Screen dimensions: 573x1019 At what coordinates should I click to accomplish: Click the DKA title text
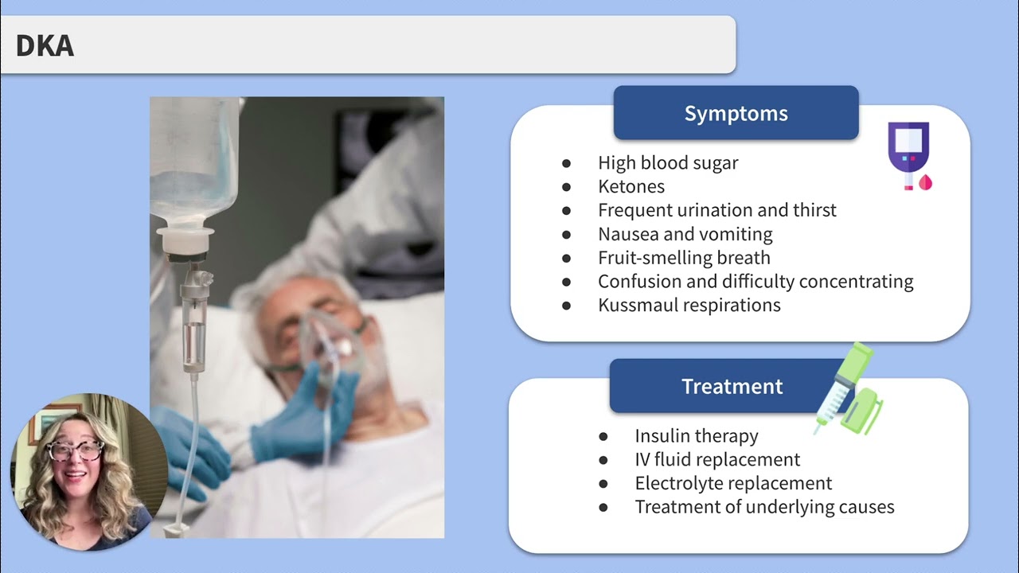pos(45,46)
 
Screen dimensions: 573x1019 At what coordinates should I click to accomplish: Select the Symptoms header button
pos(736,113)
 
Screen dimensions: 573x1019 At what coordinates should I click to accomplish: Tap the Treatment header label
pos(732,386)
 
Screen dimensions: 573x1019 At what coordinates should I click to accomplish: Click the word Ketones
pos(631,186)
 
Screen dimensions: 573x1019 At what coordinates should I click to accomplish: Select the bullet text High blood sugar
pos(667,162)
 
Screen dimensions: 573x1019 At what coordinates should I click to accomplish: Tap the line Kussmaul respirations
pos(689,305)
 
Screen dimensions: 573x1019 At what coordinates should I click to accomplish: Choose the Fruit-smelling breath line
pos(683,257)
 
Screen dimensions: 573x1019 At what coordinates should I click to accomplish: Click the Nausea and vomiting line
pos(685,234)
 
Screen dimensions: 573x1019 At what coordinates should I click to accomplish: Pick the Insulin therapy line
pos(696,435)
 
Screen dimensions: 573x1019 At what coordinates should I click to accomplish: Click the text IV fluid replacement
pos(716,459)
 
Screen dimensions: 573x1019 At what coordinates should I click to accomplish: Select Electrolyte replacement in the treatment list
pos(732,483)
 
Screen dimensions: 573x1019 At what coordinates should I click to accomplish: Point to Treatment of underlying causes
pos(764,507)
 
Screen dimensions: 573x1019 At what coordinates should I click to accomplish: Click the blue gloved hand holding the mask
pos(314,410)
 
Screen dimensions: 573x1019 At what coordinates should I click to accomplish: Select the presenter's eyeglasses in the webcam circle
pos(76,450)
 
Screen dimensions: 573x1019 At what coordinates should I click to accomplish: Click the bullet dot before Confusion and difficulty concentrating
pos(567,282)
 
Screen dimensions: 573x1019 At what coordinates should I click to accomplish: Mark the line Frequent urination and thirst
pos(716,210)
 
